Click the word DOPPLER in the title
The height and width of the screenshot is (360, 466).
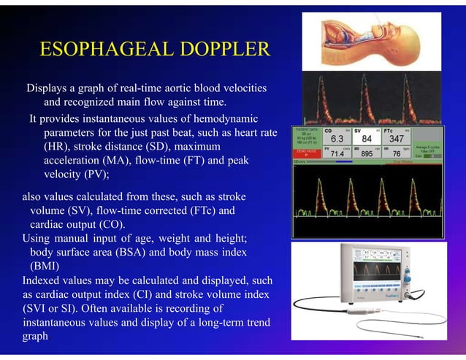pyautogui.click(x=222, y=50)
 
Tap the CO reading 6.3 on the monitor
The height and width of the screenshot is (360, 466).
pyautogui.click(x=337, y=139)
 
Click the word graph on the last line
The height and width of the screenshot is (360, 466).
pyautogui.click(x=37, y=336)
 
